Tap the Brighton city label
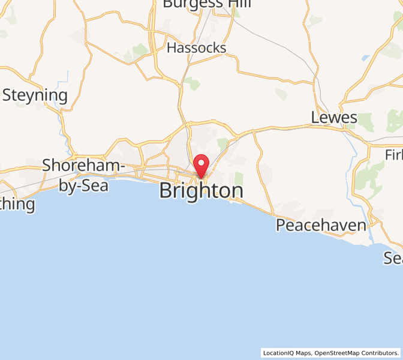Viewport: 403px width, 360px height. pyautogui.click(x=201, y=191)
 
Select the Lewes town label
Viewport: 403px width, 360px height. pyautogui.click(x=334, y=118)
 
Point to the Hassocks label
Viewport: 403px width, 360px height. pyautogui.click(x=197, y=48)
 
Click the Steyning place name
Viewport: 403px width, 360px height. pyautogui.click(x=35, y=95)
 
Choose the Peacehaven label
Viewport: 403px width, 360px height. pyautogui.click(x=321, y=226)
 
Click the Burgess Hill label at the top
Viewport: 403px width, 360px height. pyautogui.click(x=206, y=4)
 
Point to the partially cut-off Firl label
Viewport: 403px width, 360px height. pyautogui.click(x=394, y=155)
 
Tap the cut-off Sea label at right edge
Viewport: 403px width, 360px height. pyautogui.click(x=393, y=258)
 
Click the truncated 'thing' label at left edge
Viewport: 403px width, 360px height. pyautogui.click(x=17, y=205)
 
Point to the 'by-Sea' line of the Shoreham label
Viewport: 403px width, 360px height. pyautogui.click(x=84, y=185)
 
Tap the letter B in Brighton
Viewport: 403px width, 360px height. pyautogui.click(x=166, y=191)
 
